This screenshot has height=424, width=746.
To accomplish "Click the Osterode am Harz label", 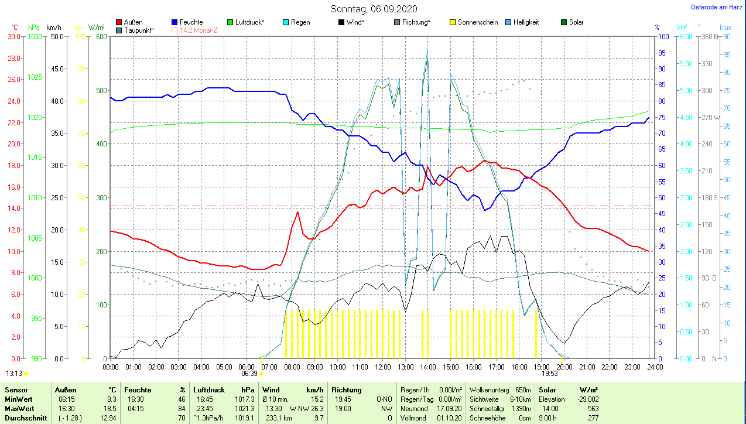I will click(x=717, y=7).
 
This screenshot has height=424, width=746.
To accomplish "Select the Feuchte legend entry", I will click(x=191, y=22).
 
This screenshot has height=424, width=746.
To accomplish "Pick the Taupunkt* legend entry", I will click(x=138, y=30).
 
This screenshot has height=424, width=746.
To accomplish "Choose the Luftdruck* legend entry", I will click(x=249, y=22).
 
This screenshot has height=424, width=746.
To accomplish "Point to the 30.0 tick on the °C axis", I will click(x=13, y=36).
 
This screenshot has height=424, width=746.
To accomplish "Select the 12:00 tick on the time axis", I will click(x=383, y=367).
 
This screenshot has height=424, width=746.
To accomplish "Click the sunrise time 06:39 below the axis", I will click(x=249, y=373).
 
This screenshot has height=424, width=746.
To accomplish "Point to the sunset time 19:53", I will click(x=549, y=373).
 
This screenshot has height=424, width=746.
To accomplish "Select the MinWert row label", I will click(x=19, y=399).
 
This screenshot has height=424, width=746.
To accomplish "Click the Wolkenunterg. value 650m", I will click(x=523, y=389).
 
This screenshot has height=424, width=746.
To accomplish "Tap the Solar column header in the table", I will click(x=547, y=389).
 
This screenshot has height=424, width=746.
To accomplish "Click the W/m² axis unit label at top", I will click(x=97, y=28).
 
